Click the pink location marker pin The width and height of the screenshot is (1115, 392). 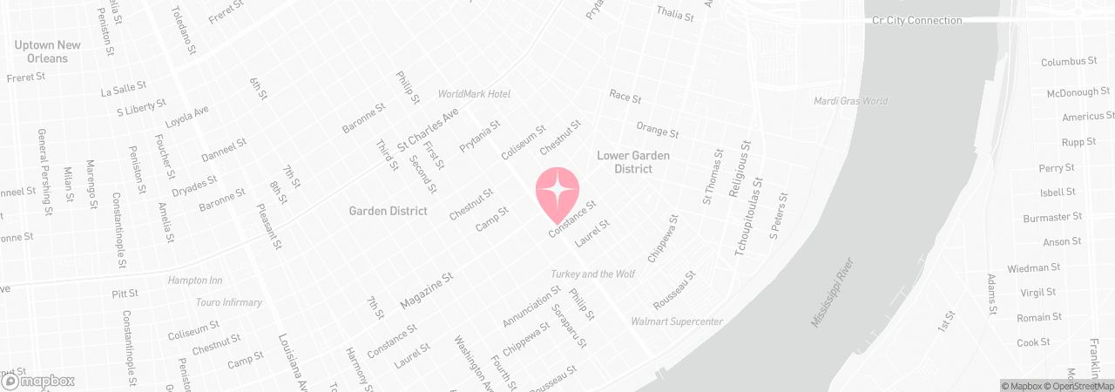(x=557, y=192)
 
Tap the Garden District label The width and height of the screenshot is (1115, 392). (x=388, y=211)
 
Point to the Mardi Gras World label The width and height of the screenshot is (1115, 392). (x=850, y=101)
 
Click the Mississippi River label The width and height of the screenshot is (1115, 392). (x=835, y=293)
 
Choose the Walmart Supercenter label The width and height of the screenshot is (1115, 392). (x=677, y=322)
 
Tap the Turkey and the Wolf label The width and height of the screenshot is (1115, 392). (x=592, y=274)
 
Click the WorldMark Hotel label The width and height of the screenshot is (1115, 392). (x=474, y=94)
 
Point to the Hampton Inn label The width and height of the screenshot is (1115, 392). (x=195, y=281)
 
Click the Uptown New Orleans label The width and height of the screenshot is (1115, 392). (x=48, y=51)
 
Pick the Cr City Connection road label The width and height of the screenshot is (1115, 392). (x=916, y=20)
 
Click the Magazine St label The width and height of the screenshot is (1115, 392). (x=427, y=290)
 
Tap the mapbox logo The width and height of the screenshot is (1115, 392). (x=38, y=381)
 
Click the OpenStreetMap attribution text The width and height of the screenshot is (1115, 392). (x=1083, y=386)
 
